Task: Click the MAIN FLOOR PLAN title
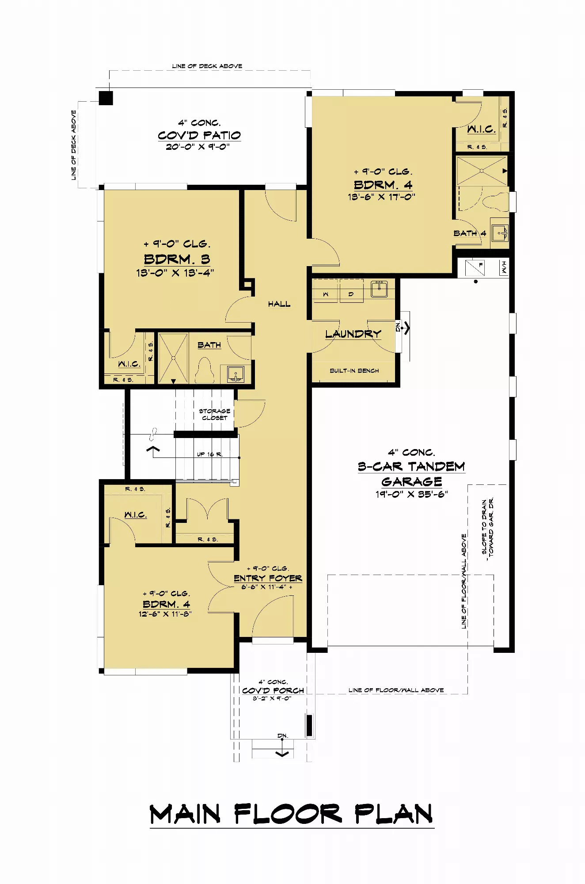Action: tap(292, 814)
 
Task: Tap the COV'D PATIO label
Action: tap(199, 135)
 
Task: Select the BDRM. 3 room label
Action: tap(177, 259)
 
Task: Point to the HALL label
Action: tap(279, 304)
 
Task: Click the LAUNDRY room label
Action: tap(353, 334)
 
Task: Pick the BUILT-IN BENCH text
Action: tap(354, 371)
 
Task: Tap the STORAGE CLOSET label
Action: tap(215, 414)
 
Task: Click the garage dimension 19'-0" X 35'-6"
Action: tap(412, 494)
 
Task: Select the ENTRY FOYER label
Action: tap(268, 578)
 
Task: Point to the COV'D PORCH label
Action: tap(273, 690)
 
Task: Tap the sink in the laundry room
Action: tap(379, 289)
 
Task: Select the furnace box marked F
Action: tap(475, 267)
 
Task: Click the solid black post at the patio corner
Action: tap(106, 98)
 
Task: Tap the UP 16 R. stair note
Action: tap(210, 454)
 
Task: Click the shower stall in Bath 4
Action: tap(482, 171)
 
